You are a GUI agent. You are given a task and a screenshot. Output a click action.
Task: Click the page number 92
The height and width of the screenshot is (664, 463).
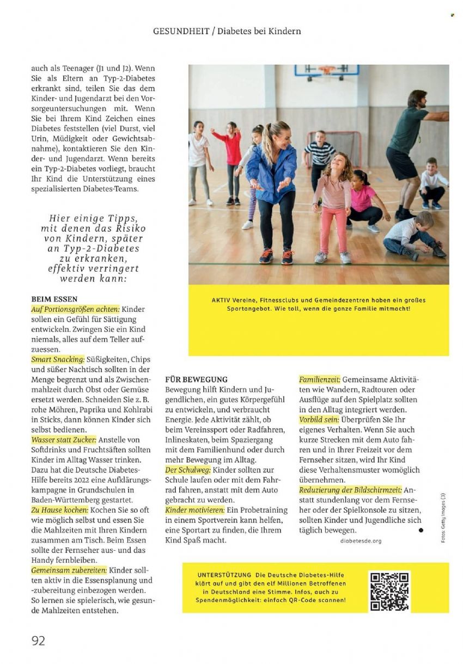click(x=38, y=640)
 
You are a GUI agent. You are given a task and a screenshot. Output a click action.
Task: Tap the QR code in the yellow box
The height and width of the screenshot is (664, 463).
click(x=389, y=591)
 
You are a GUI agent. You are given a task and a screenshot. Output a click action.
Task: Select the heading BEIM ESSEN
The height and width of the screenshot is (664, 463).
click(x=54, y=299)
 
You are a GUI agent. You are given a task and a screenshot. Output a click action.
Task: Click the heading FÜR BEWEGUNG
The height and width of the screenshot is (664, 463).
click(x=196, y=379)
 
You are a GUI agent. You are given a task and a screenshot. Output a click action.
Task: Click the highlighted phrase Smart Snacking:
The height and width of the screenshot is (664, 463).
click(x=58, y=360)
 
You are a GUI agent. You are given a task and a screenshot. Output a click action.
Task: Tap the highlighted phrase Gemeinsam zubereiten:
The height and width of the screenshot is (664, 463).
click(x=69, y=570)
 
